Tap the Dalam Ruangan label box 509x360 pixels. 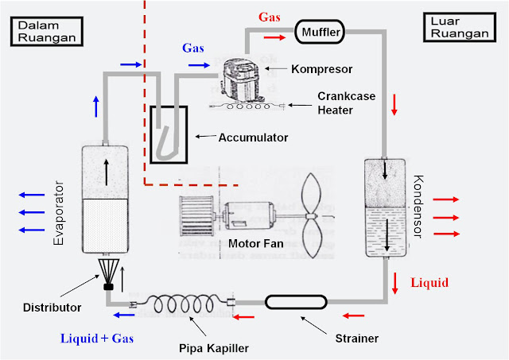(45, 31)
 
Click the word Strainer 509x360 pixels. (356, 339)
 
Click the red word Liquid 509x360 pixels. (429, 282)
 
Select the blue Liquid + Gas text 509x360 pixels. (97, 339)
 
